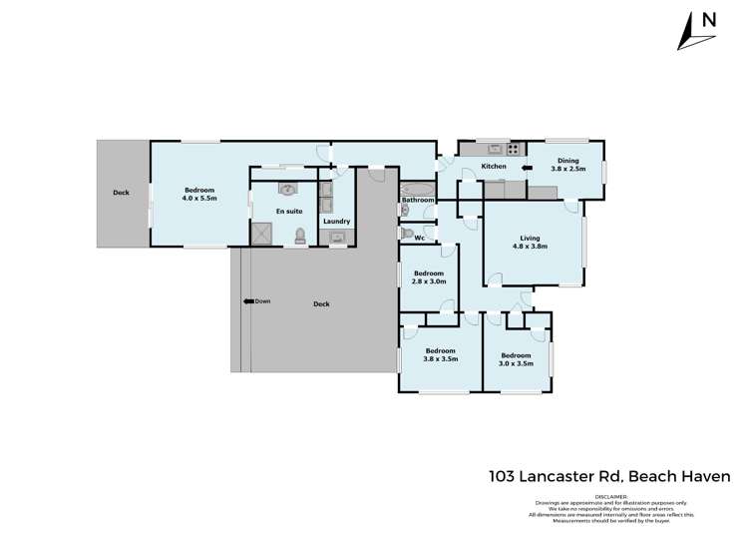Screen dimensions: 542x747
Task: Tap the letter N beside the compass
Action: [709, 20]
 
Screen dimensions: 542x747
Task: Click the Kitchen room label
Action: [494, 167]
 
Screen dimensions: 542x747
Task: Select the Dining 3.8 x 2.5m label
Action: [567, 165]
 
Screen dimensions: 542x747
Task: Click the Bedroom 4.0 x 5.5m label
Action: [199, 194]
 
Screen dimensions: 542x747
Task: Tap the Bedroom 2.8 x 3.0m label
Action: [429, 278]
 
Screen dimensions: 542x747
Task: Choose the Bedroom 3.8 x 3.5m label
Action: [440, 355]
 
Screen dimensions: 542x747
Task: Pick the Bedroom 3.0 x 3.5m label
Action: [516, 360]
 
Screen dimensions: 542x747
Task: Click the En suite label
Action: [288, 212]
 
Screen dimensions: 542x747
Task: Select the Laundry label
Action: [335, 221]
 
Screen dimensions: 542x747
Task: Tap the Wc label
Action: [420, 238]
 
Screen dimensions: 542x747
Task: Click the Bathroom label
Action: [418, 201]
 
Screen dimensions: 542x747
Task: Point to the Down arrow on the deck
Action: [256, 301]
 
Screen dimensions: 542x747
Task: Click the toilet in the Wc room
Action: [406, 235]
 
